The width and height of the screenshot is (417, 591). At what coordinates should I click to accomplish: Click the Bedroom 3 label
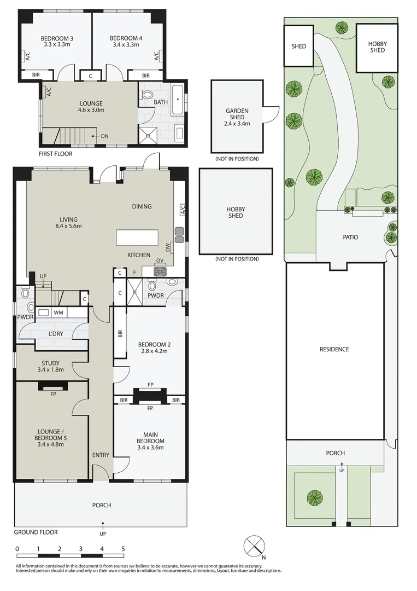(57, 38)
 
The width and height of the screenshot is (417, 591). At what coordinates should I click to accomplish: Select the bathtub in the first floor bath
(179, 100)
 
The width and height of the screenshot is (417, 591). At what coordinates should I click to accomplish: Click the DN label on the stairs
(105, 136)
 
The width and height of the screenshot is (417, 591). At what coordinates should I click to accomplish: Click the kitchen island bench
(139, 238)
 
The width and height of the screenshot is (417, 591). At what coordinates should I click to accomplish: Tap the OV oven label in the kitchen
(160, 260)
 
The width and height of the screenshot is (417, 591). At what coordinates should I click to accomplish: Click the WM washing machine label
(57, 312)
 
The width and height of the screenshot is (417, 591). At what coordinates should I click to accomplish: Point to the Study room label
(50, 363)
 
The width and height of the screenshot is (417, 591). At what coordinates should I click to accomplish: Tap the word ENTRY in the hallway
(101, 455)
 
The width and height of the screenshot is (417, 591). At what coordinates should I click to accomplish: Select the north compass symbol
(254, 546)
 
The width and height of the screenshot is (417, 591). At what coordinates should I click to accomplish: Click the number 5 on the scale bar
(123, 548)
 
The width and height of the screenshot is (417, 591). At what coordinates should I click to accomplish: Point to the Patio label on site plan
(350, 237)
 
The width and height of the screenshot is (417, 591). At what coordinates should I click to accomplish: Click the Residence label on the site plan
(334, 349)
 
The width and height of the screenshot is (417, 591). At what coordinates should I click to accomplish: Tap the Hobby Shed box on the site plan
(376, 47)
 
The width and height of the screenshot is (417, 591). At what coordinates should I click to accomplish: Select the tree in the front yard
(314, 497)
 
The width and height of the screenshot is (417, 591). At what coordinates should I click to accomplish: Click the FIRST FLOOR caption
(55, 154)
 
